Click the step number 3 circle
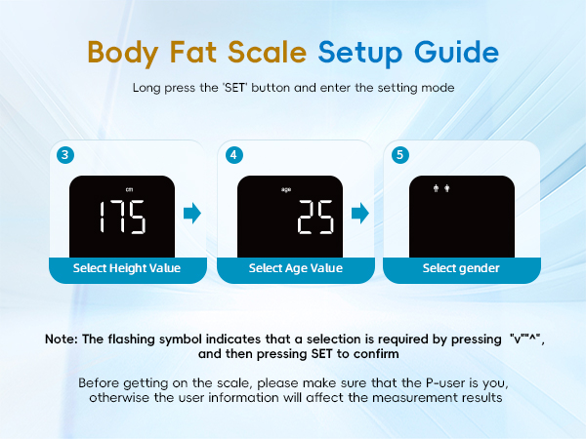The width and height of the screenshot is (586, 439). pyautogui.click(x=64, y=155)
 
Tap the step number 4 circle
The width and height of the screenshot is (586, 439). pyautogui.click(x=232, y=155)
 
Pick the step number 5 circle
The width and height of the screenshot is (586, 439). pyautogui.click(x=399, y=155)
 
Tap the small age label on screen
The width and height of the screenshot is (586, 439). pyautogui.click(x=286, y=189)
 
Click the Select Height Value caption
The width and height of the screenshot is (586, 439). pyautogui.click(x=126, y=268)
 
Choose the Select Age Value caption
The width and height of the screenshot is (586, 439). pyautogui.click(x=295, y=268)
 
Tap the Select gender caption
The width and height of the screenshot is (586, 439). pyautogui.click(x=461, y=268)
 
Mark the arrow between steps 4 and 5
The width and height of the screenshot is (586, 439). pyautogui.click(x=360, y=213)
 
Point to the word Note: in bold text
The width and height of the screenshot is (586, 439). pyautogui.click(x=63, y=339)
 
